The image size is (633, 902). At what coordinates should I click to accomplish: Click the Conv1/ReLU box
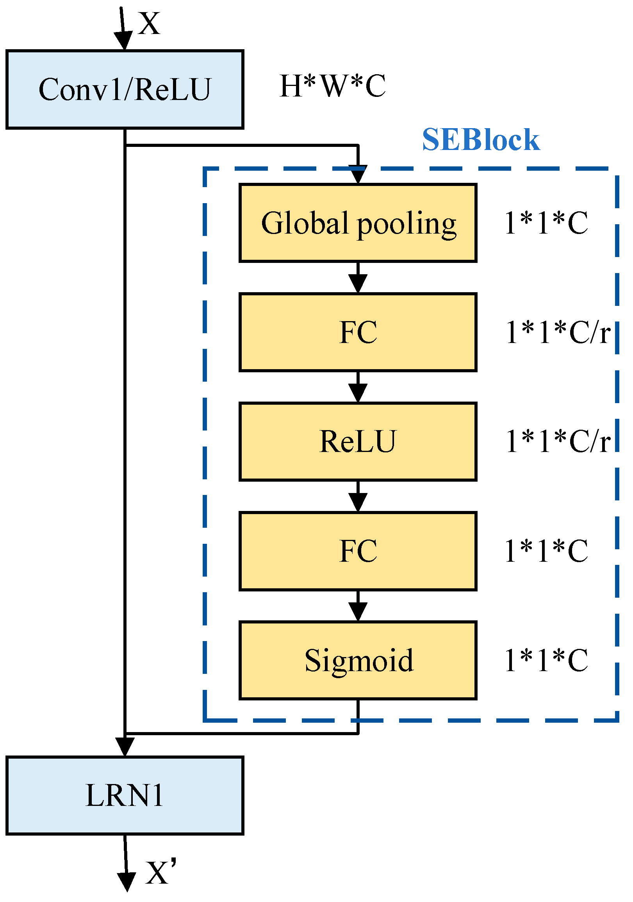(125, 89)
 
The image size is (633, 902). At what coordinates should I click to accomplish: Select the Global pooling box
(358, 223)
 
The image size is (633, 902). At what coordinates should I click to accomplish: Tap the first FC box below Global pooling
(358, 332)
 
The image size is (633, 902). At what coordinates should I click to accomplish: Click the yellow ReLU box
(358, 441)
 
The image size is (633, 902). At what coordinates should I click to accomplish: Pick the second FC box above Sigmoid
(358, 550)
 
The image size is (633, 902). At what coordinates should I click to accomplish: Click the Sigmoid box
(358, 660)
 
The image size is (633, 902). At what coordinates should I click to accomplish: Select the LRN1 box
(125, 795)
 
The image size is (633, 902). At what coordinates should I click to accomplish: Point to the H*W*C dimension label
(332, 86)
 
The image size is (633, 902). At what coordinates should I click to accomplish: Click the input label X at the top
(149, 23)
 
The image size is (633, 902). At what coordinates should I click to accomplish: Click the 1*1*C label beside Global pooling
(546, 223)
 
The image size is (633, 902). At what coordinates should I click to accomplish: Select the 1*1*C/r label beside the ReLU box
(558, 441)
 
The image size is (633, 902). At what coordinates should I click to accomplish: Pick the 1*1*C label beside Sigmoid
(546, 660)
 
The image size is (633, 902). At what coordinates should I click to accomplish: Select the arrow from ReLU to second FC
(358, 497)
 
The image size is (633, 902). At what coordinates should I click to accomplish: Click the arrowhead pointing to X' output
(127, 882)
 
